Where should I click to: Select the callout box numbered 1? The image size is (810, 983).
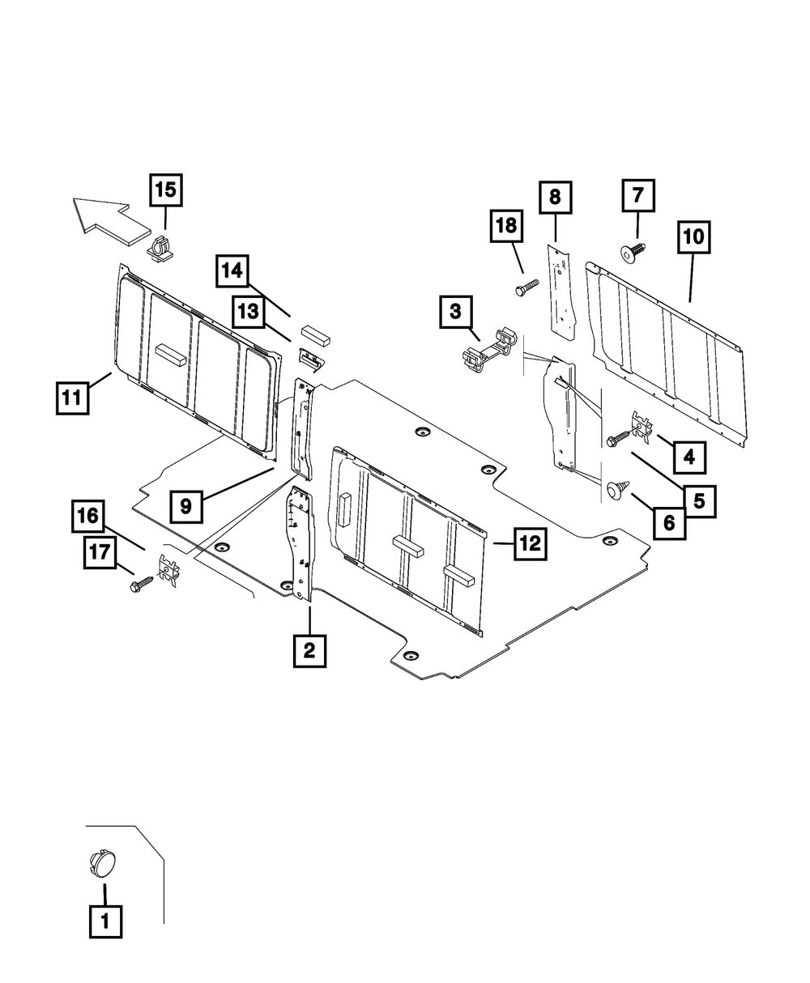click(x=105, y=921)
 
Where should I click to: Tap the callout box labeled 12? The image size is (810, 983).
click(x=529, y=544)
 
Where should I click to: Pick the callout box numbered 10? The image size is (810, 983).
click(x=694, y=238)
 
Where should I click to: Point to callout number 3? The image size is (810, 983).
click(x=456, y=312)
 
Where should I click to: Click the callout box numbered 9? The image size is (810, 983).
click(x=186, y=507)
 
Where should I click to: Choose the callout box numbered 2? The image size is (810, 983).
click(x=309, y=649)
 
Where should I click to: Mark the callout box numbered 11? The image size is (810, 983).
click(x=73, y=398)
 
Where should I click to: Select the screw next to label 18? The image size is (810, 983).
click(x=527, y=286)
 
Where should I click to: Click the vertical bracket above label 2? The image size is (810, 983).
click(x=299, y=543)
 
